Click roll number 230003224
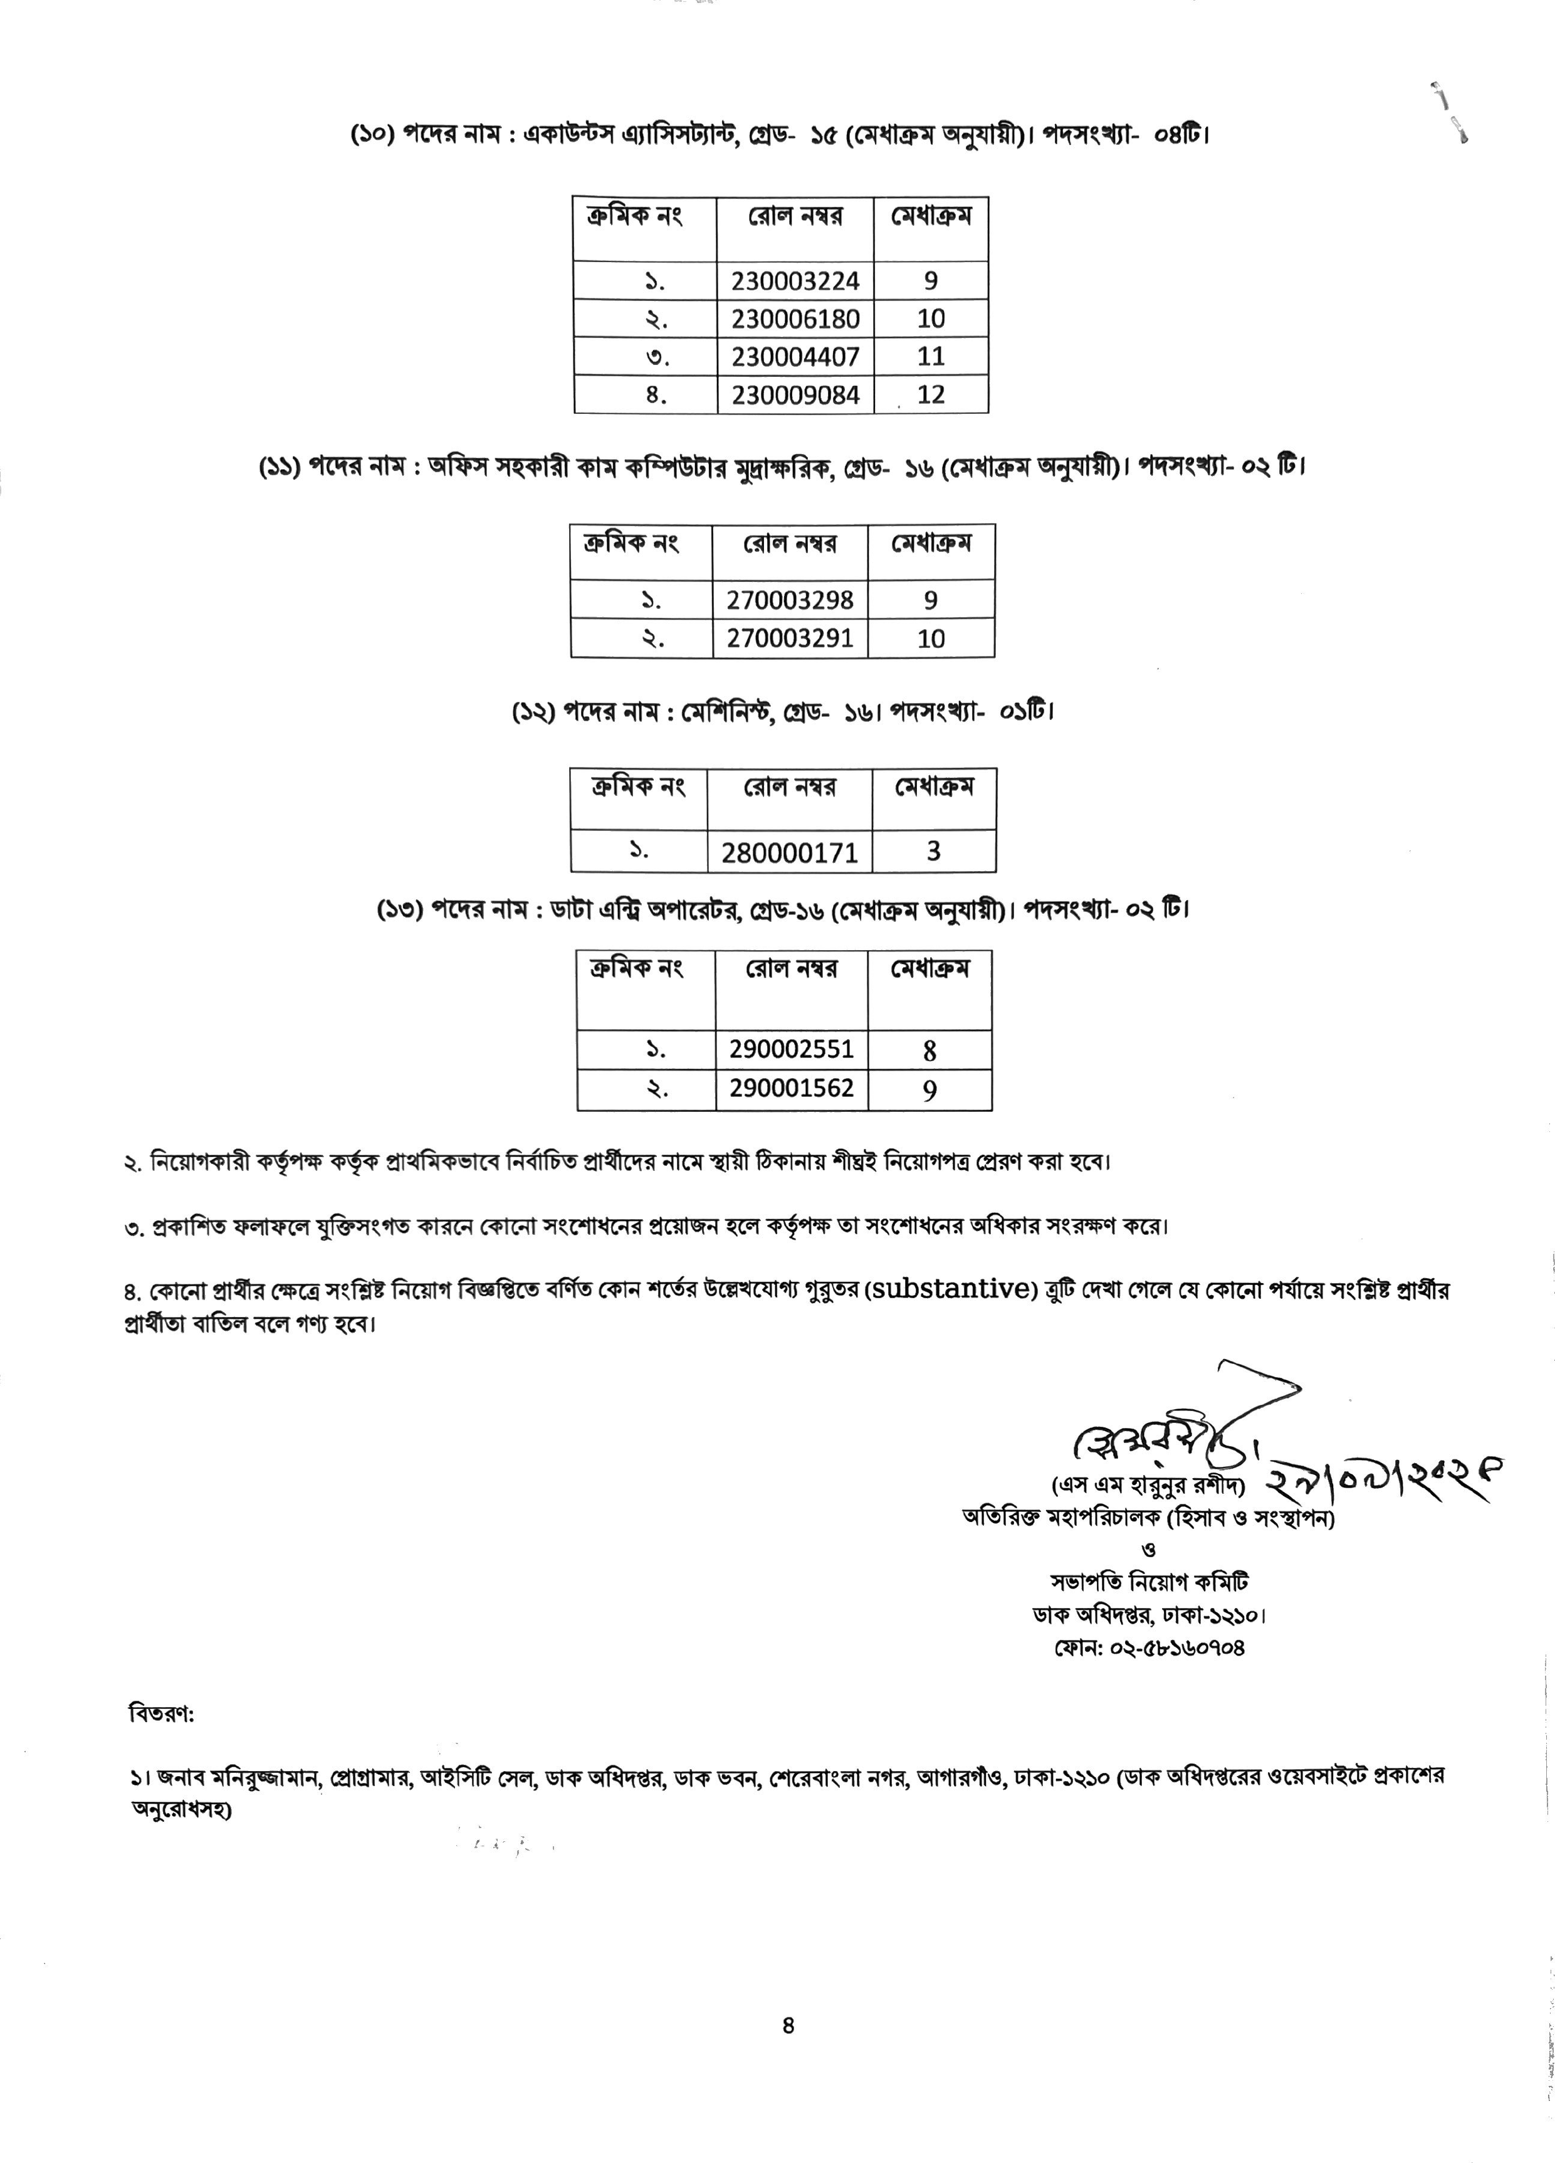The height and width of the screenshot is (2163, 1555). coord(795,280)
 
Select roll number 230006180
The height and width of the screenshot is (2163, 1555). coord(795,319)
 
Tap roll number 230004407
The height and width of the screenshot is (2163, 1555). coord(795,357)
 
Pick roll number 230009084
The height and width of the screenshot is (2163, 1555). coord(795,395)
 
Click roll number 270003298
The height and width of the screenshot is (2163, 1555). coord(790,600)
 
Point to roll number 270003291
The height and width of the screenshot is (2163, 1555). coord(790,638)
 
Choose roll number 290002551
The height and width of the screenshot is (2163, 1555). coord(792,1050)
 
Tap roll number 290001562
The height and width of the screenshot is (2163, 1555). coord(792,1088)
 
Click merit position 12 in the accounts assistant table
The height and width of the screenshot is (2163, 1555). coord(931,395)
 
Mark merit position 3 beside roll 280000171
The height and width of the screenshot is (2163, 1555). coord(933,850)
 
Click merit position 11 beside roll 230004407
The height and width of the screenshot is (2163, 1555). coord(931,357)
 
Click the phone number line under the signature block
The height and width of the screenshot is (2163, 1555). coord(1149,1647)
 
